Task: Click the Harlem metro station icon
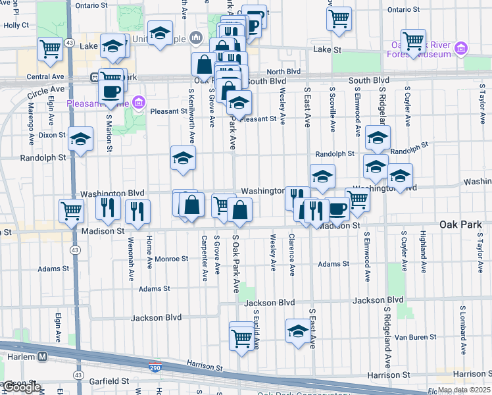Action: (42, 356)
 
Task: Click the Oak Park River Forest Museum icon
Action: (461, 49)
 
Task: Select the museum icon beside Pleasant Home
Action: (138, 103)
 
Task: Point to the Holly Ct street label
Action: (16, 25)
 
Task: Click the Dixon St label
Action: (52, 134)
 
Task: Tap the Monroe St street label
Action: (172, 259)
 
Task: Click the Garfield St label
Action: (109, 381)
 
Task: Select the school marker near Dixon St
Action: (80, 139)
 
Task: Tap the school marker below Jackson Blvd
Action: (298, 331)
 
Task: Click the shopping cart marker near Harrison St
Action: (241, 338)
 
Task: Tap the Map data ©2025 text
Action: (464, 390)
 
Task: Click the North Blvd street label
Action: (283, 72)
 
